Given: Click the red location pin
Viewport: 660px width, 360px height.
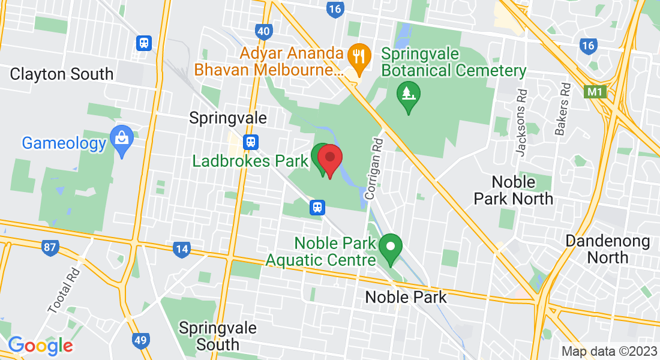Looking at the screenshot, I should point(329,159).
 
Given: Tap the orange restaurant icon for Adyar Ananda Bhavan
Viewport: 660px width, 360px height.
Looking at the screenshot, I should point(359,56).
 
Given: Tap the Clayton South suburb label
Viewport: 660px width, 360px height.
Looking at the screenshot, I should point(62,74).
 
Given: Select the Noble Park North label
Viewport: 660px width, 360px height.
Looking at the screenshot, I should point(513,190).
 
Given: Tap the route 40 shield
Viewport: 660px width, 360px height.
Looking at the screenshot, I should point(263,31).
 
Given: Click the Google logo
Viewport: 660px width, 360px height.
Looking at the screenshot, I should point(40,346).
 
